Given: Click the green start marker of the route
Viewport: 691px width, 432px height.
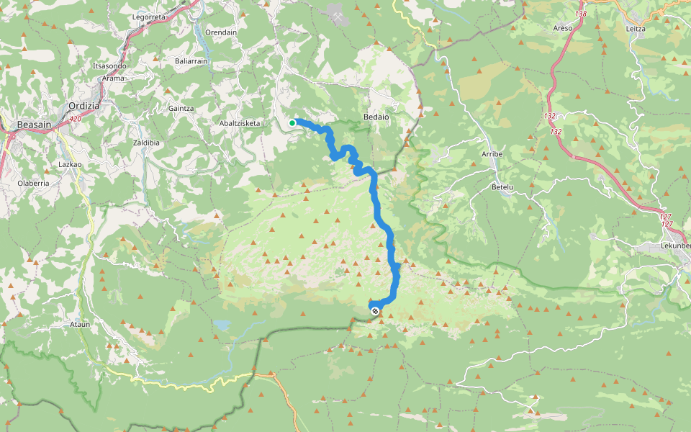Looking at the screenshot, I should (x=292, y=123).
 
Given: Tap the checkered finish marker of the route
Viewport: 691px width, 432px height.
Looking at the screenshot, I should (x=374, y=310).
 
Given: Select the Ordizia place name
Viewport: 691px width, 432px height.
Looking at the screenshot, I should (x=83, y=105).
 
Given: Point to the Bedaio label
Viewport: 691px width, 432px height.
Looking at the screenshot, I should (x=376, y=116).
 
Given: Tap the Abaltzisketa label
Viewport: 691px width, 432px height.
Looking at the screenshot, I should (x=240, y=123).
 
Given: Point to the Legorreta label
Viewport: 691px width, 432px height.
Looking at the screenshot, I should (x=150, y=16).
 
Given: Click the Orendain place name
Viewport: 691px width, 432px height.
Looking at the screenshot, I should (x=221, y=32).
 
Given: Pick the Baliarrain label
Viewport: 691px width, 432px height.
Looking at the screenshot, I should (x=191, y=61).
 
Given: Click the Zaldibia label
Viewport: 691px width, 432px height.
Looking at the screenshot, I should (x=146, y=143).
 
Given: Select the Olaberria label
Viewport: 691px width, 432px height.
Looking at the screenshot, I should (x=33, y=183).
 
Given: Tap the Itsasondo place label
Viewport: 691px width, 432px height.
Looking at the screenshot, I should (x=109, y=66).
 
